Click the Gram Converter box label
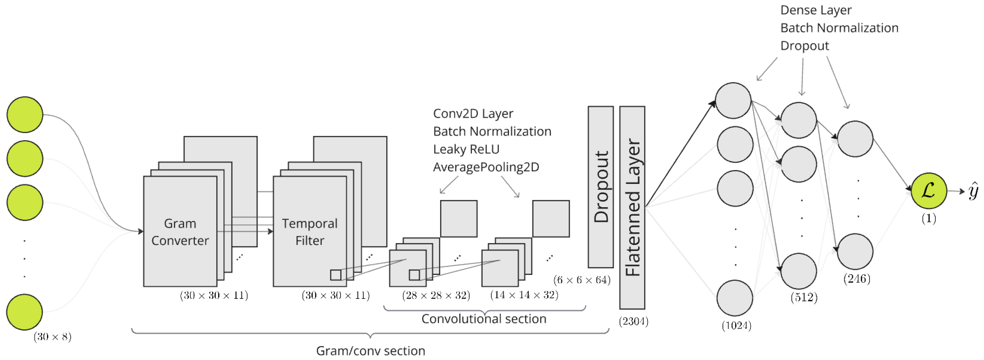click(180, 232)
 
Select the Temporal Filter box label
click(310, 232)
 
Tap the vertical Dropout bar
click(600, 187)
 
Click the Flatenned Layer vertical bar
click(632, 208)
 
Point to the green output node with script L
click(929, 190)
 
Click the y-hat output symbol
click(973, 191)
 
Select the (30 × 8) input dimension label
click(52, 337)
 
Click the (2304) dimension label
click(633, 321)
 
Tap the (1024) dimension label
click(736, 326)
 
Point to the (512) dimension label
click(804, 297)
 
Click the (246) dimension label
click(857, 279)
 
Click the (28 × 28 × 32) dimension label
click(436, 295)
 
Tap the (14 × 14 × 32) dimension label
click(524, 295)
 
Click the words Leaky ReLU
click(466, 149)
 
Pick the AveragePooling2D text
click(486, 167)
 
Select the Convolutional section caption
click(484, 319)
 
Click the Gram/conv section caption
click(370, 350)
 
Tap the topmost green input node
click(25, 115)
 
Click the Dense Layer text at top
click(816, 10)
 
